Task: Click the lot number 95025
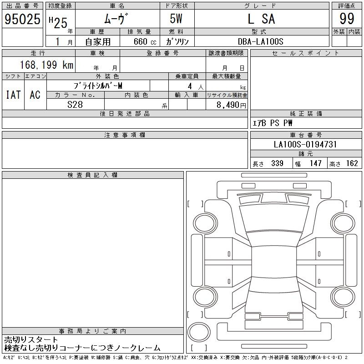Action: (22, 19)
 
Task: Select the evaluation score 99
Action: (347, 19)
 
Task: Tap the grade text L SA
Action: (261, 19)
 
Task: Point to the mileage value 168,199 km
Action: (47, 65)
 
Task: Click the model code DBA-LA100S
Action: (260, 41)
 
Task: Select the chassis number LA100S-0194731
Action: (305, 144)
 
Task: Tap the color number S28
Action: (75, 105)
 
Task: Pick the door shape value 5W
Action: (176, 19)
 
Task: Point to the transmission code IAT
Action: (13, 95)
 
